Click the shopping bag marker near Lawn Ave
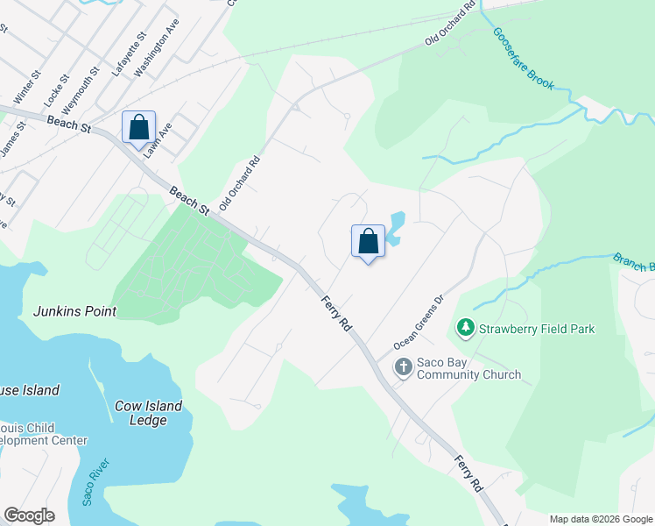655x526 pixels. coord(138,126)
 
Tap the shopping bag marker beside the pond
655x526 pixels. coord(368,241)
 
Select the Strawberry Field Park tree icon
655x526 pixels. coord(465,329)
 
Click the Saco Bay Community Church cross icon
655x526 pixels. coord(403,367)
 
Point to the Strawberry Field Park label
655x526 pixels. coord(536,329)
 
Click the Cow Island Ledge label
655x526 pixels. coord(149,413)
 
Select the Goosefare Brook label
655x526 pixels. coord(523,58)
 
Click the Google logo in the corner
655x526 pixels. coord(29,515)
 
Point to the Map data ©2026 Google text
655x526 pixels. coord(600,519)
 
